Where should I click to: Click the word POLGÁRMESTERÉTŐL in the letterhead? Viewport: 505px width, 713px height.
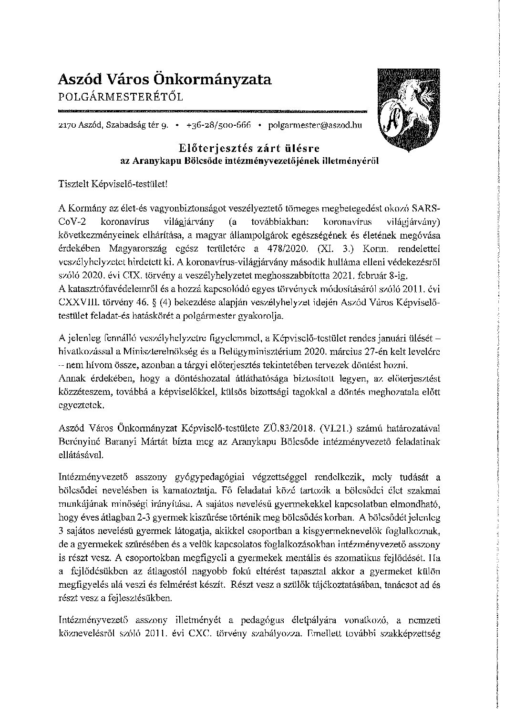point(120,97)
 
